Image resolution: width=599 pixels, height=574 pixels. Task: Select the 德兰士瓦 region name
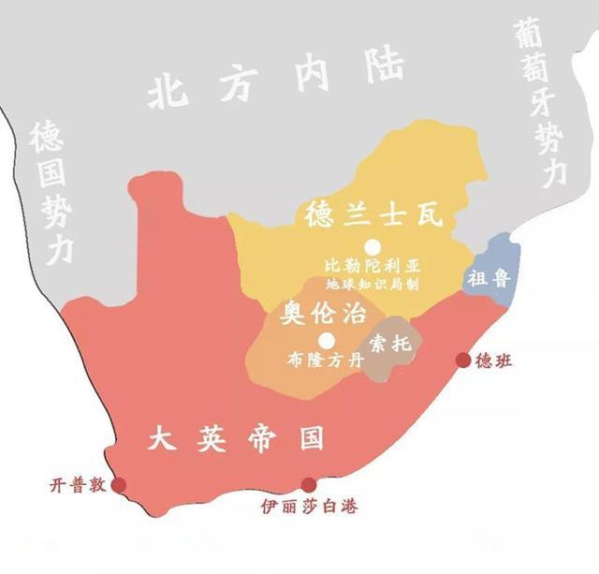pyautogui.click(x=373, y=215)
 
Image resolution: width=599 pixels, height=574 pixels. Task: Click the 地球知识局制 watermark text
pyautogui.click(x=372, y=283)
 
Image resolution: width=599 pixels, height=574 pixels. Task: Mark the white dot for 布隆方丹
pyautogui.click(x=326, y=340)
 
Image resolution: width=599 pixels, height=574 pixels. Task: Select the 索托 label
pyautogui.click(x=389, y=344)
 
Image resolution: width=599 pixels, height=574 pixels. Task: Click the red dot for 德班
pyautogui.click(x=462, y=361)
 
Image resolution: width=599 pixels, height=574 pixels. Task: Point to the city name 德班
pyautogui.click(x=490, y=361)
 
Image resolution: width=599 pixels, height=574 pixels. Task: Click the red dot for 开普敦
pyautogui.click(x=119, y=485)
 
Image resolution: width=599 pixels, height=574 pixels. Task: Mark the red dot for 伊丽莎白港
pyautogui.click(x=308, y=485)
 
